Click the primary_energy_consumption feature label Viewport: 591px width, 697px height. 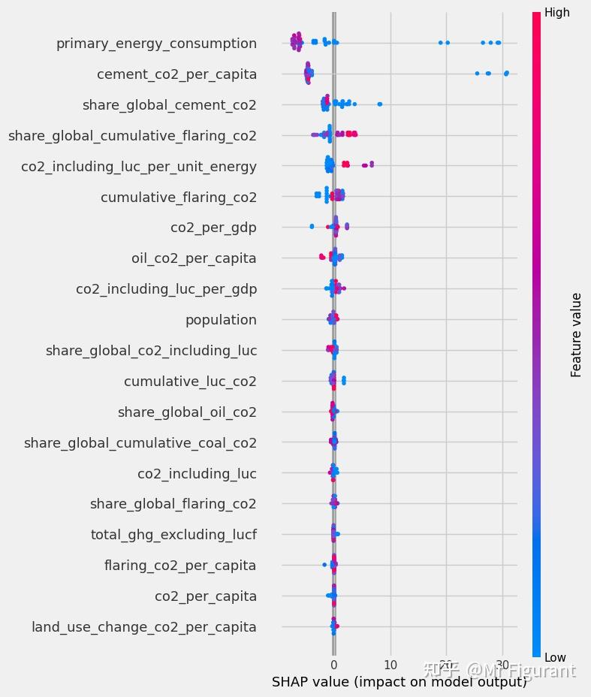pos(156,44)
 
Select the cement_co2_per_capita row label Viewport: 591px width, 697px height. pos(176,74)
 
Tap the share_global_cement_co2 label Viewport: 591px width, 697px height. pos(169,105)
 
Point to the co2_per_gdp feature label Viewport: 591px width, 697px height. pos(213,228)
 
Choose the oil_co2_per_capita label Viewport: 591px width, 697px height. pos(194,258)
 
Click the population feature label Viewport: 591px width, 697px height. pos(221,320)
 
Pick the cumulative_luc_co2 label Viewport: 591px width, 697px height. pos(190,382)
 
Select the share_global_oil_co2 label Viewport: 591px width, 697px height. pos(187,412)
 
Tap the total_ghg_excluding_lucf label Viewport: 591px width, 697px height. pos(173,535)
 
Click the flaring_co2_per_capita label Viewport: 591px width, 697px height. pos(180,566)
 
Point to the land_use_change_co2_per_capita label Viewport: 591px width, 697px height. pos(143,627)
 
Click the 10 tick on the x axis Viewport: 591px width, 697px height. pos(390,665)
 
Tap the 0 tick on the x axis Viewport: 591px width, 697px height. pos(334,665)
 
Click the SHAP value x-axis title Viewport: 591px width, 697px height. pos(399,682)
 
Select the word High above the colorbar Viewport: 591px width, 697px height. pos(556,13)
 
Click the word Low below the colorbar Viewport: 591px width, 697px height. pos(555,658)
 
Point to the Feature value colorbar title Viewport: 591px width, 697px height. pos(576,335)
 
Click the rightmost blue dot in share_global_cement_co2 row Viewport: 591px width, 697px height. pos(380,104)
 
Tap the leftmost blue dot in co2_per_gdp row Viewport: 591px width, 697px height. pos(312,226)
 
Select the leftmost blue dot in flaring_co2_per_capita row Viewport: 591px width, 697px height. pos(324,564)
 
